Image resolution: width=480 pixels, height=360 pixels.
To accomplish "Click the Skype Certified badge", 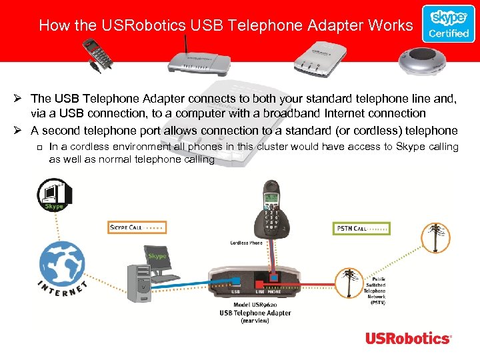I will coord(448,24).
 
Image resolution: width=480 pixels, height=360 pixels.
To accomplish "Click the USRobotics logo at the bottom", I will coord(408,338).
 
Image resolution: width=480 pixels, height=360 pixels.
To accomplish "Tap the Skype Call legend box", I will coord(137,228).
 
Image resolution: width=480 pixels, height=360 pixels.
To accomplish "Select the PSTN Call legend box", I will coord(361,228).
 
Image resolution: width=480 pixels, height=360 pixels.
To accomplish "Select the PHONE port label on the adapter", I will coord(274,291).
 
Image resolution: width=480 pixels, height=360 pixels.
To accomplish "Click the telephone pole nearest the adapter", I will coord(349,283).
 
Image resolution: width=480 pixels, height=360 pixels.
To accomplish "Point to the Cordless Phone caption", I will coord(246,243).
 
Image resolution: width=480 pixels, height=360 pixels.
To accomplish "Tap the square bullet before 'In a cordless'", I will coord(40,147).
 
